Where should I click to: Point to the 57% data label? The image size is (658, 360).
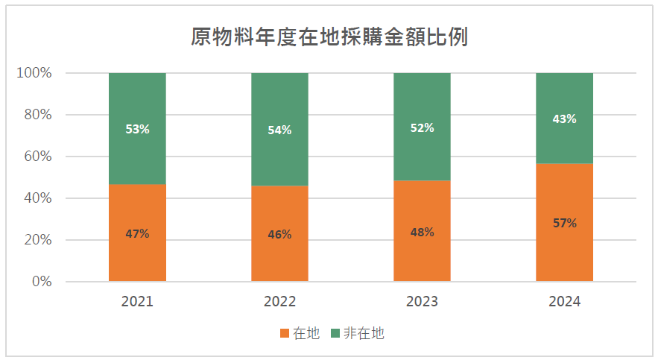coord(564,223)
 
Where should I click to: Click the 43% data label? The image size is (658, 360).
coord(564,119)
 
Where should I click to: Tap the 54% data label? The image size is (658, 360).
coord(279,130)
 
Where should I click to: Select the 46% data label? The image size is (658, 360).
coord(279,234)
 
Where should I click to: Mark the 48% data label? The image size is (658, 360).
coord(422,232)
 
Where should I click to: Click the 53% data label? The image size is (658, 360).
coord(137,129)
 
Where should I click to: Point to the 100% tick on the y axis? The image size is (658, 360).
coord(34,73)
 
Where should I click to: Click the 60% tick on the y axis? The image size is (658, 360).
coord(37,157)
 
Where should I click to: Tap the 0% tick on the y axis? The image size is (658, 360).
coord(41,282)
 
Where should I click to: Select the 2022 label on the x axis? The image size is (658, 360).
coord(279,302)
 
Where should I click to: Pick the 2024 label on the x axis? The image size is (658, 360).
coord(564,302)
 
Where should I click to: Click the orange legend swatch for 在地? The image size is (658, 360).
coord(285,334)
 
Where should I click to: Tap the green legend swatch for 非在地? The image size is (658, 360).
coord(335,334)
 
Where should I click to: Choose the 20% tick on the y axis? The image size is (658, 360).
coord(37,240)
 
